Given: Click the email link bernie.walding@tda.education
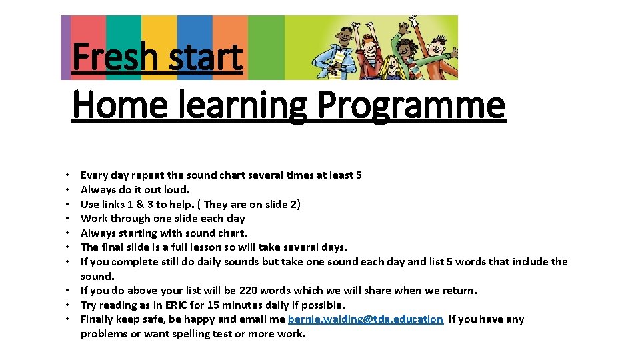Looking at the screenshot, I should (365, 319).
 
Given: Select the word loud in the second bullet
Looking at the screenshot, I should (176, 190).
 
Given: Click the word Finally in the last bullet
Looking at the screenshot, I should (99, 319).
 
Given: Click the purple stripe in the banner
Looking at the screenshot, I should (65, 47).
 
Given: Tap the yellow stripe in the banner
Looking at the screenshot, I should (159, 33).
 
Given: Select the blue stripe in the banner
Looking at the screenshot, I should (195, 33).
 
